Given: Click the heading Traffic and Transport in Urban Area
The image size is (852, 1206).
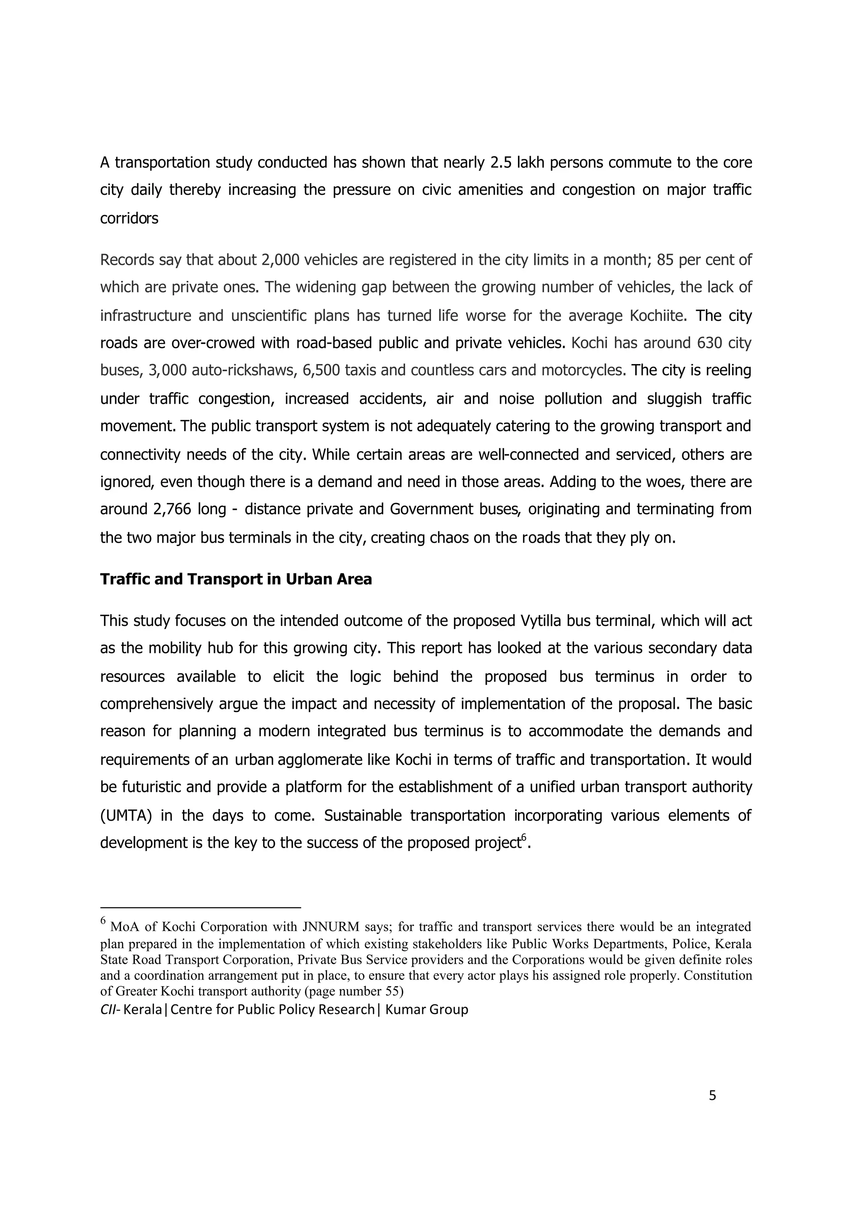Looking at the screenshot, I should point(236,579).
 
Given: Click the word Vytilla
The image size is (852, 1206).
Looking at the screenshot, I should point(546,621).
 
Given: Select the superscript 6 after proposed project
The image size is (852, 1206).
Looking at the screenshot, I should point(523,839).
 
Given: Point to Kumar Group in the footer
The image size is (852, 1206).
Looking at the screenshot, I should point(426,1010).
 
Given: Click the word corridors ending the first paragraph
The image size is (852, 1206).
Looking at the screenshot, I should point(129,218).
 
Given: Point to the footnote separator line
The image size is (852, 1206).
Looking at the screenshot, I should point(200,907).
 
